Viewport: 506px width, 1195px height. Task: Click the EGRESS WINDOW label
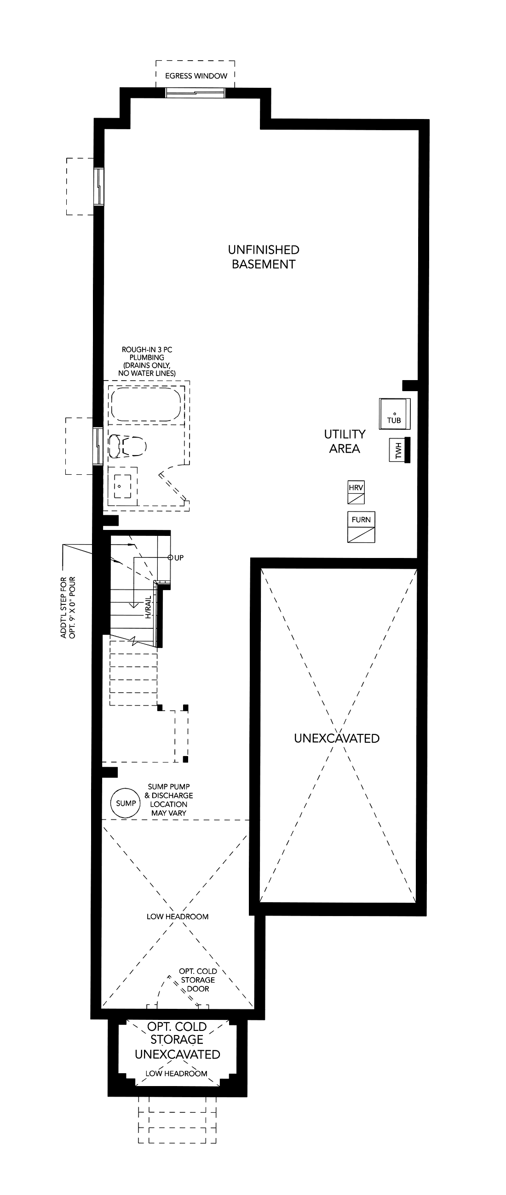(x=196, y=76)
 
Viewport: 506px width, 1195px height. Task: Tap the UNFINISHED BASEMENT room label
(x=264, y=257)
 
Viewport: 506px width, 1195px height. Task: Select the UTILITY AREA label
(x=345, y=441)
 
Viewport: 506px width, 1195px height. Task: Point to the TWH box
(x=398, y=450)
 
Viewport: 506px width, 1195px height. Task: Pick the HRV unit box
(x=356, y=492)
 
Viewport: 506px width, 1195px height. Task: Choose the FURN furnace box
(x=361, y=527)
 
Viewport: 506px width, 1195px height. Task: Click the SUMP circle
(x=125, y=803)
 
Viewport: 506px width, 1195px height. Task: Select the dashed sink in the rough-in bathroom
(x=122, y=486)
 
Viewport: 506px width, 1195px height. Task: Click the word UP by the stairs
(x=179, y=558)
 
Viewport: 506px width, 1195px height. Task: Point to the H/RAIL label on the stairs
(x=148, y=607)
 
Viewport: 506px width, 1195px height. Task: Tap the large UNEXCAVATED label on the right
(x=337, y=738)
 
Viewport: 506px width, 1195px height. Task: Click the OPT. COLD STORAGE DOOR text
(x=198, y=980)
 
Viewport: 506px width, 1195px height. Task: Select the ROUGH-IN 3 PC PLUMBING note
(x=147, y=361)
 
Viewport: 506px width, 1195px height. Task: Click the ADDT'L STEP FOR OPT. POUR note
(x=68, y=607)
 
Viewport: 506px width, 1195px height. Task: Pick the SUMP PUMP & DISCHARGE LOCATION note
(x=168, y=800)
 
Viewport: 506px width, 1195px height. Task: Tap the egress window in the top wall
(x=196, y=93)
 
